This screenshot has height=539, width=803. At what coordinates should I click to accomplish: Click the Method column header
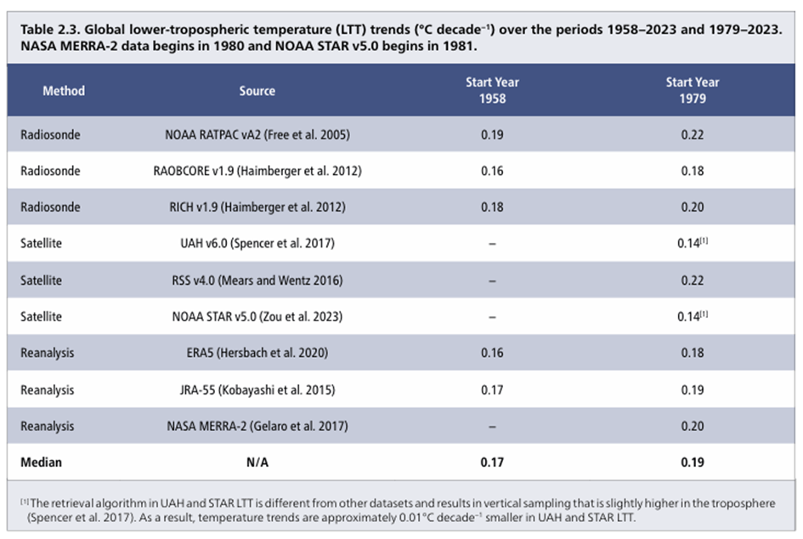[64, 91]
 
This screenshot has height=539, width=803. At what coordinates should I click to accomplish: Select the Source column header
[257, 91]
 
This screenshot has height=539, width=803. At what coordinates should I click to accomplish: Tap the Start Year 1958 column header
[492, 90]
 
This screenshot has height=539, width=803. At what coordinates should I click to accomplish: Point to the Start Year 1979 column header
[692, 90]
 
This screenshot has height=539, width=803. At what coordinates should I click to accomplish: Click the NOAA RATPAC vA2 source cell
[257, 134]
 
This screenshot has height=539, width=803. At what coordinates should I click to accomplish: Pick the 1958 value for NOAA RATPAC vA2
[492, 134]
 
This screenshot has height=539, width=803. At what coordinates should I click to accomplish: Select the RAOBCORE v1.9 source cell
[257, 171]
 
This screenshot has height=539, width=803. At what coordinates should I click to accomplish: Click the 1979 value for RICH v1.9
[692, 207]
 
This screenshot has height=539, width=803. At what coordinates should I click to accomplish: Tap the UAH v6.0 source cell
[257, 244]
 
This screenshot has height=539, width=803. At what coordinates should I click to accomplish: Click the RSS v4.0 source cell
[257, 281]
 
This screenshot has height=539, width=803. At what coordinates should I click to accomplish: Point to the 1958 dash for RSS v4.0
[492, 281]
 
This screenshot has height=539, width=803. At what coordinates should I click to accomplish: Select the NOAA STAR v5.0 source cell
[257, 317]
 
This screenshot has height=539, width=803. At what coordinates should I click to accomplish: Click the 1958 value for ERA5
[492, 353]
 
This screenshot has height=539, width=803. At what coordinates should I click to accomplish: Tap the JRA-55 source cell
[257, 389]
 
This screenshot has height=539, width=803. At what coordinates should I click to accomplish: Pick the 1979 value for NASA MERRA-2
[692, 426]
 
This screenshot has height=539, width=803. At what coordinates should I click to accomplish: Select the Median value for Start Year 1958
[492, 463]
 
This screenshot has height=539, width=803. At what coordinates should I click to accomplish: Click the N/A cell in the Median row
[257, 463]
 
